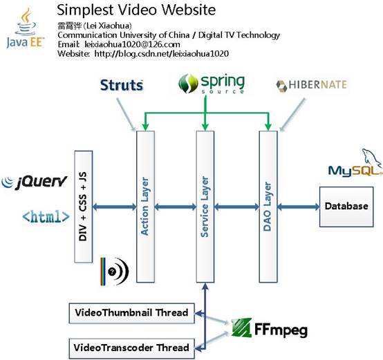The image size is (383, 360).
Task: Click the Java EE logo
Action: (x=26, y=28)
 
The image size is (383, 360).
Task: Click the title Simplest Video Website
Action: (x=136, y=10)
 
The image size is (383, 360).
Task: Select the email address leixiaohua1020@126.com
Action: (x=132, y=44)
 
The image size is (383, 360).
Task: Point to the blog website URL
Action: (x=162, y=54)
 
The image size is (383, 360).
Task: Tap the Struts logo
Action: (x=122, y=85)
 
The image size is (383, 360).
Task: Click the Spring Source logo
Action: (x=212, y=84)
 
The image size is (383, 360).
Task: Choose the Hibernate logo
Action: (x=311, y=85)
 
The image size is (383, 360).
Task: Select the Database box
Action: (x=346, y=207)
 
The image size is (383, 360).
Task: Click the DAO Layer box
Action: (x=268, y=207)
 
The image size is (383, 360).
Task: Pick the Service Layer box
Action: (x=205, y=207)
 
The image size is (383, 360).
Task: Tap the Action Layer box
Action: (x=145, y=207)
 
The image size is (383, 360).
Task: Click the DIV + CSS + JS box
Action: (x=83, y=207)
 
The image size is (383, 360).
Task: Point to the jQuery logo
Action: (x=34, y=182)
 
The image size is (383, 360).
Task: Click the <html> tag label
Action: (x=46, y=217)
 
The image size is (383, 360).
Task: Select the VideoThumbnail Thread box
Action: (x=131, y=313)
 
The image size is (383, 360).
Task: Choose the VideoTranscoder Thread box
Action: (x=131, y=348)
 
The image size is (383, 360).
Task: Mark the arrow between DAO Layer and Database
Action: (x=299, y=207)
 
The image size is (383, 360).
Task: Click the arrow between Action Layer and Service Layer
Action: (x=176, y=207)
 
